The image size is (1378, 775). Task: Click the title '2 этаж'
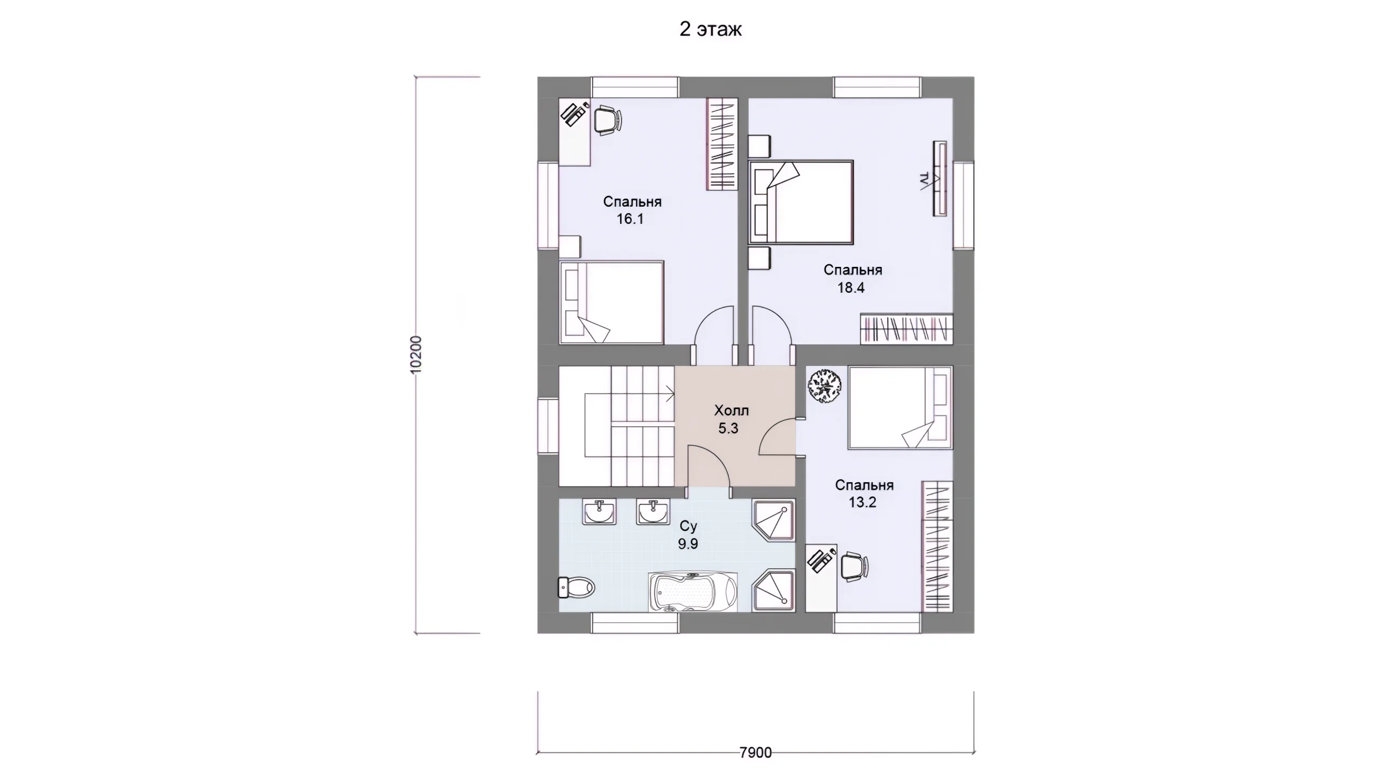point(710,29)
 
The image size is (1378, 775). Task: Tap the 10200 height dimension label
point(416,355)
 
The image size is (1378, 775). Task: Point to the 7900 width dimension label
point(755,752)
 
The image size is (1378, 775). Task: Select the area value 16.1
point(630,219)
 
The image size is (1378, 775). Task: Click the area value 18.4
point(851,288)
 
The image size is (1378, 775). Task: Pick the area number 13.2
point(862,502)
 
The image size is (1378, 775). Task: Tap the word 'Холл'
point(732,411)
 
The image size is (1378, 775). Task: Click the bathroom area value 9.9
point(688,544)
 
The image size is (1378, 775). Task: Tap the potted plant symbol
point(824,386)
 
